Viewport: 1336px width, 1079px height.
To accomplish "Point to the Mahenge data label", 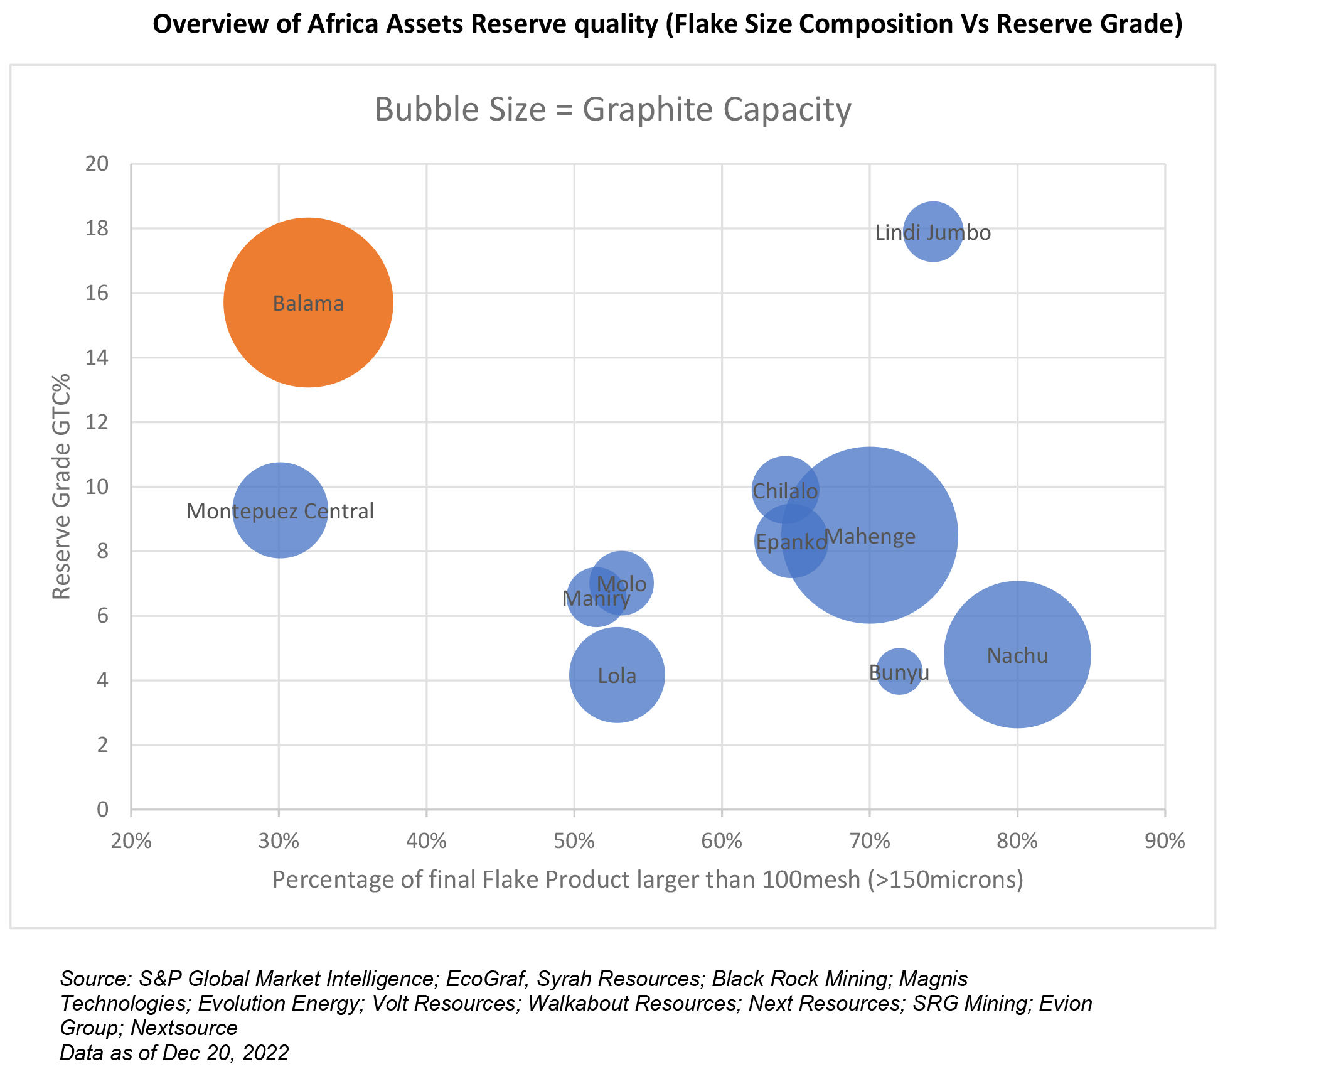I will (x=870, y=537).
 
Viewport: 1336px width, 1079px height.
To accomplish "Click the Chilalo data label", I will (x=784, y=491).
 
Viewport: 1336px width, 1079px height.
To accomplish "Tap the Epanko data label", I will (x=791, y=542).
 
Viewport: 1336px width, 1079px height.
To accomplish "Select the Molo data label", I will (x=621, y=584).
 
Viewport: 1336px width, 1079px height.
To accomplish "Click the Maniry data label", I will (x=596, y=599).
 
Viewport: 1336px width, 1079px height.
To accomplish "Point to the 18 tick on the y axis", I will (x=97, y=228).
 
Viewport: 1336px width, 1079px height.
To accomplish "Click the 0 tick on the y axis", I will (x=102, y=809).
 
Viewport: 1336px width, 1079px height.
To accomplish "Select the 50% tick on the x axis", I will (x=574, y=840).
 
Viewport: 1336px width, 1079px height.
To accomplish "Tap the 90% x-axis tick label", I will (x=1164, y=840).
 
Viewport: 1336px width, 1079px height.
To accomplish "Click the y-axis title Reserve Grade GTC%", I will (x=61, y=486).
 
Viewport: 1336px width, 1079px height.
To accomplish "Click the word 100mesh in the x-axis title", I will (x=811, y=879).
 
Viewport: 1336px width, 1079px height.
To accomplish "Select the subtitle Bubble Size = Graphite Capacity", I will (x=612, y=109).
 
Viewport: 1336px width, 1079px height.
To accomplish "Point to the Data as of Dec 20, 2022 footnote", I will (x=174, y=1053).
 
